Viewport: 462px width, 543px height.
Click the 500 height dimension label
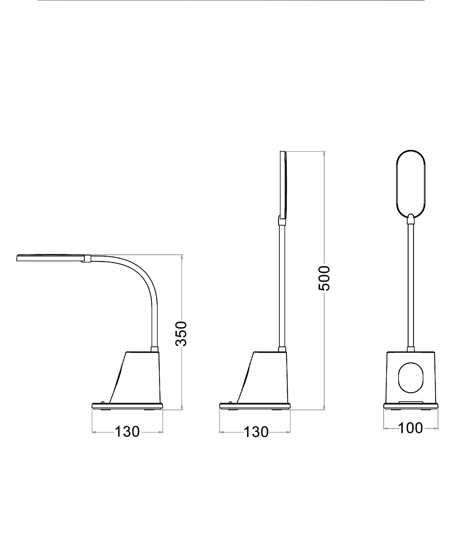324,278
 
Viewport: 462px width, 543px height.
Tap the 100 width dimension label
411,428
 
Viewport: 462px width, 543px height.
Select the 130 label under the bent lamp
127,432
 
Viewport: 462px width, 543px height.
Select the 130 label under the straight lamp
256,432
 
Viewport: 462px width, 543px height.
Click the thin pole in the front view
411,287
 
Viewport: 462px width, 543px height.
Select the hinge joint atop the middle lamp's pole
281,221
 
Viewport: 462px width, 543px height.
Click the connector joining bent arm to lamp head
88,259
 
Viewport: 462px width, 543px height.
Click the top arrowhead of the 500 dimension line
324,154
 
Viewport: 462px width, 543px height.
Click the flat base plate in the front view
411,406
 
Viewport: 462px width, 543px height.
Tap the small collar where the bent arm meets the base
154,349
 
